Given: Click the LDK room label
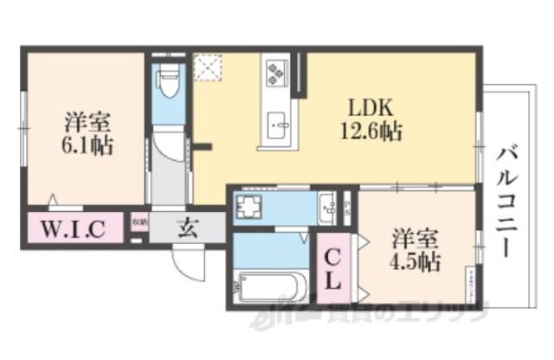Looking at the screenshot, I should (371, 109).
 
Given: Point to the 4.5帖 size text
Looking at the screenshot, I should (415, 260).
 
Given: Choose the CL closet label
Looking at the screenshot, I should (333, 268).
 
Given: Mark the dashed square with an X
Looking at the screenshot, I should (209, 67).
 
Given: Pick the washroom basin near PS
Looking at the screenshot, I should (327, 207).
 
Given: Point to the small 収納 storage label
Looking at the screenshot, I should (139, 222).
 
